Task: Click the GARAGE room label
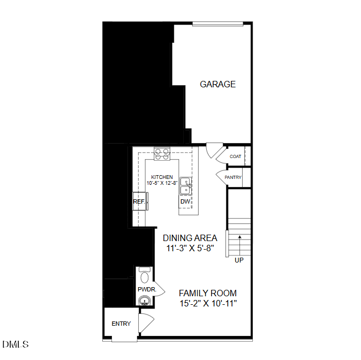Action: click(217, 84)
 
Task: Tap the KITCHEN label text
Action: click(162, 177)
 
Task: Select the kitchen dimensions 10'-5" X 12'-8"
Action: click(162, 183)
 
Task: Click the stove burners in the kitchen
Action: click(162, 154)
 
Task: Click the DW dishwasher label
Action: click(185, 202)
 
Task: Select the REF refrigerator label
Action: click(139, 202)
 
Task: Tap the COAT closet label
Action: click(235, 156)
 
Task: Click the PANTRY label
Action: click(233, 177)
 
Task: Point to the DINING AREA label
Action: click(190, 238)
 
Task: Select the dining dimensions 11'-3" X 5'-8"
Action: click(190, 248)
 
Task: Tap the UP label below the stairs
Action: click(239, 261)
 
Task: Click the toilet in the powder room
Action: click(145, 276)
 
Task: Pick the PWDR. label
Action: click(146, 289)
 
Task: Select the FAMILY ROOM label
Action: click(207, 294)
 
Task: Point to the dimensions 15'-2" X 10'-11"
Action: click(208, 304)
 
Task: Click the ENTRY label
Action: click(121, 324)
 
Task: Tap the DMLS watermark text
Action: click(16, 344)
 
